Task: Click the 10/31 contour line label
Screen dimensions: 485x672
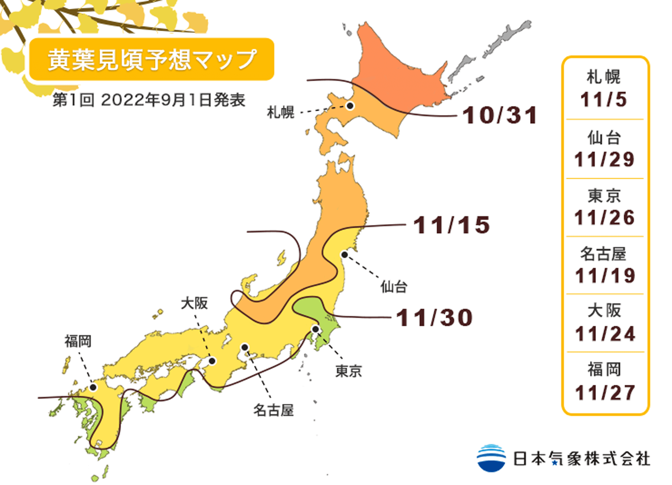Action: click(x=500, y=115)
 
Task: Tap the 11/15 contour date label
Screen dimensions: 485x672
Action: click(x=451, y=225)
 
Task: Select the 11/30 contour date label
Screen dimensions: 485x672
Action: click(x=434, y=318)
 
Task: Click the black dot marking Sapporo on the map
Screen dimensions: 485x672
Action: click(x=350, y=106)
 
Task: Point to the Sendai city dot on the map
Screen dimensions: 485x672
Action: click(x=344, y=255)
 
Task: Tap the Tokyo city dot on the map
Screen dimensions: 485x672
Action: click(x=315, y=329)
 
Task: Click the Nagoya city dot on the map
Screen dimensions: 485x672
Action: click(x=245, y=347)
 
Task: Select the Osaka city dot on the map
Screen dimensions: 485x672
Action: click(x=212, y=361)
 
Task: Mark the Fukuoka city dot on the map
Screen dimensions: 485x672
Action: click(x=93, y=388)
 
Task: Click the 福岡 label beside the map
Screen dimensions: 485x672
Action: click(x=78, y=341)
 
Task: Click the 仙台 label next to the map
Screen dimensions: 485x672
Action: click(x=394, y=287)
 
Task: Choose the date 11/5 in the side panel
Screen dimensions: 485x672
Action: click(x=603, y=100)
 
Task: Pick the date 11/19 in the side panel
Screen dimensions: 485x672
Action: click(x=605, y=276)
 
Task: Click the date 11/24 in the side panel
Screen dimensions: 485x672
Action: click(x=605, y=334)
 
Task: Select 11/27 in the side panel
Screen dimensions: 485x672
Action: click(x=605, y=393)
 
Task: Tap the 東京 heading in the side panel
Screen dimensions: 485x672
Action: click(x=604, y=196)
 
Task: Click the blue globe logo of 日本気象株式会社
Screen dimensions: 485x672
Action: click(x=491, y=458)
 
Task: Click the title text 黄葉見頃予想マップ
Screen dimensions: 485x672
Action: click(x=152, y=60)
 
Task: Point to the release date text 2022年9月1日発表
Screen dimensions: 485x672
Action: click(x=173, y=100)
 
